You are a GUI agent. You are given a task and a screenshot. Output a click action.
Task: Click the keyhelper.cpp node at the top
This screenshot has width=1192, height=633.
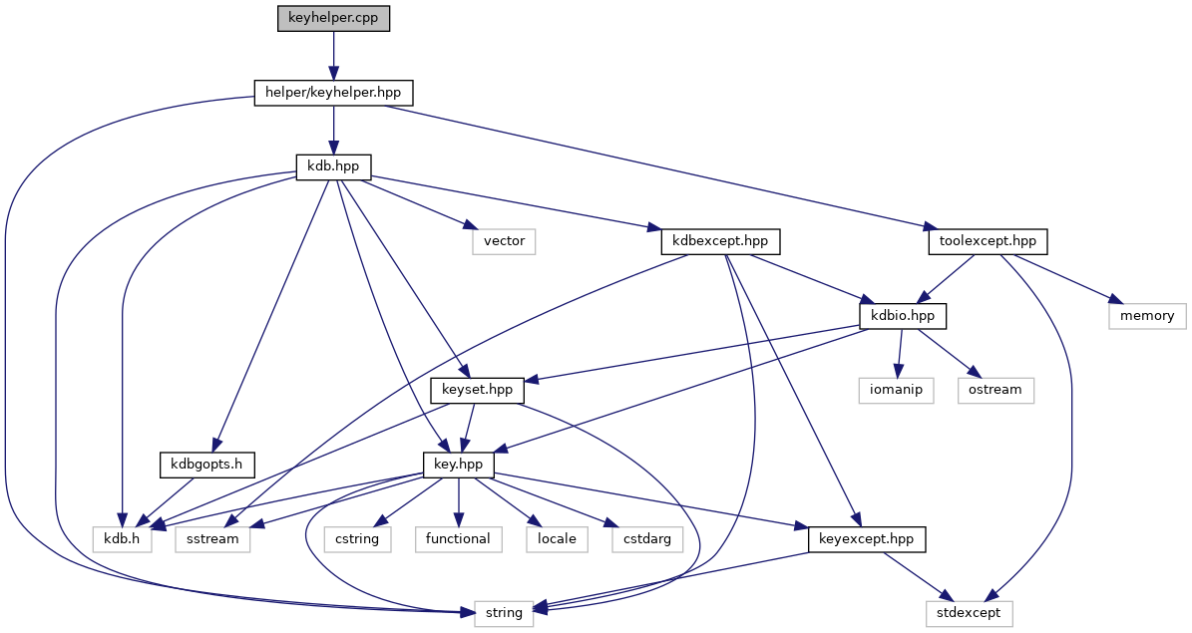[x=333, y=19]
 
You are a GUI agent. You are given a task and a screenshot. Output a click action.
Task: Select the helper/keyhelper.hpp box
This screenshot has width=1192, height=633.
[x=333, y=93]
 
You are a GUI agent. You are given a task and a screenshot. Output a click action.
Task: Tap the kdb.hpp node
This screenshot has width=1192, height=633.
[x=333, y=166]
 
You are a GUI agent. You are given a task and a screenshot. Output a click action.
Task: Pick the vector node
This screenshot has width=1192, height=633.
[x=505, y=240]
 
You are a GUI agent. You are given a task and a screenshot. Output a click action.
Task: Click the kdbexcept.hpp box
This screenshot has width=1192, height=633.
[x=720, y=240]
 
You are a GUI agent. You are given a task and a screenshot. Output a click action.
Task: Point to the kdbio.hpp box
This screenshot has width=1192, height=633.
[x=903, y=315]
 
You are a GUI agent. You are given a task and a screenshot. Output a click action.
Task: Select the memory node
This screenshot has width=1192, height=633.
[x=1147, y=315]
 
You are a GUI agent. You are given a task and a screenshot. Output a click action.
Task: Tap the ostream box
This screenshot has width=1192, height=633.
[x=995, y=389]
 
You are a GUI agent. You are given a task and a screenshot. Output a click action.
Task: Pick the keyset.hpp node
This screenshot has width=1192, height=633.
[x=477, y=389]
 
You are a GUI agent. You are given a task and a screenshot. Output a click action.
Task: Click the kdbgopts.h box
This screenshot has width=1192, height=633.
[x=206, y=464]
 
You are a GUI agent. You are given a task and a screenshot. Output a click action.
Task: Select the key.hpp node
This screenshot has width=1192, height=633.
[x=458, y=464]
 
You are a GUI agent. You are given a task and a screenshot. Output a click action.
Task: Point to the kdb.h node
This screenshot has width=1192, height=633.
[x=123, y=538]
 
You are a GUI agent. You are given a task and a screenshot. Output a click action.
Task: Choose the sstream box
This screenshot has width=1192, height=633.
[x=213, y=538]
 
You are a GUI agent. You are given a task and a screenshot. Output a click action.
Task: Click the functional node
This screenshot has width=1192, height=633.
[x=458, y=538]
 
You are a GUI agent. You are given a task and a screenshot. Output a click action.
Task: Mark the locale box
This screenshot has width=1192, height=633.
[x=558, y=538]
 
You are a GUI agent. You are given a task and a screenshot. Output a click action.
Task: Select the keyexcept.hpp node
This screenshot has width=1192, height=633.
[x=866, y=538]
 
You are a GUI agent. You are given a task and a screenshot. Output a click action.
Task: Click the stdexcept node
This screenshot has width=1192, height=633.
[x=967, y=612]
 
